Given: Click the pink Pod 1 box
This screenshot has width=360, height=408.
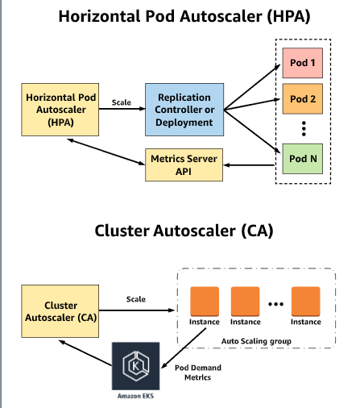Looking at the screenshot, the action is pos(303,63).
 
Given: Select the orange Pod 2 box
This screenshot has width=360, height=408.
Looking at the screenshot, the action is pos(303,99).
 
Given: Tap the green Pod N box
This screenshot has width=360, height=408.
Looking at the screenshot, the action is pos(303,159).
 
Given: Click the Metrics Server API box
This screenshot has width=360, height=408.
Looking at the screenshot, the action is pos(184,164).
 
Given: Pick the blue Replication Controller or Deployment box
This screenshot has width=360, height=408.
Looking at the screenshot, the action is pos(184,110).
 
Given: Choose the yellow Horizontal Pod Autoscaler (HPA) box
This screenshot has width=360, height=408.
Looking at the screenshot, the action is pos(60,110).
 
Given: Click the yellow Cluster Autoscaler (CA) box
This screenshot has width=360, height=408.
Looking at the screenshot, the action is pos(60,311).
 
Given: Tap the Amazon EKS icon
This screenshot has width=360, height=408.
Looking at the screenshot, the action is pos(136,366).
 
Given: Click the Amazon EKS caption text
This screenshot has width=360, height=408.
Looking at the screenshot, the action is pos(135,396).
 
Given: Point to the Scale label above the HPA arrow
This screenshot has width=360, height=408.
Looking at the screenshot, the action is pos(122,102).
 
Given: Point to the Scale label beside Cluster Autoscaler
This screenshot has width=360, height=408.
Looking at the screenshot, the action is pos(136,299).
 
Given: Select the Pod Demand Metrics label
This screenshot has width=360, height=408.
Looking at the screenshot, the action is pos(198,373).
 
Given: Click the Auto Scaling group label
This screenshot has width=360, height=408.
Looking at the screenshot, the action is pos(256,341).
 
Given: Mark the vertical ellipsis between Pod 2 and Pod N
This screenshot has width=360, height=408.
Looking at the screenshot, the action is pos(304,129).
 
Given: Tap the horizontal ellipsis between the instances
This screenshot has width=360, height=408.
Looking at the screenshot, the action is pos(275,304).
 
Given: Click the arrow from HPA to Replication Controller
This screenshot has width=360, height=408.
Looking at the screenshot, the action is pos(122,109).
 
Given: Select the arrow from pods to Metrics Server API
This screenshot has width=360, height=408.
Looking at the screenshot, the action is pos(249,165).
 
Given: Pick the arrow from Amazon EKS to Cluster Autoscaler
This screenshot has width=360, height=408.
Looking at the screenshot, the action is pos(85,353).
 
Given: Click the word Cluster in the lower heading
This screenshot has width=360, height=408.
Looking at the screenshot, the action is pos(122,231).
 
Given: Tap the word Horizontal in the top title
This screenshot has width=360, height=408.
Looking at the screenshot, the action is pos(99,16).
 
